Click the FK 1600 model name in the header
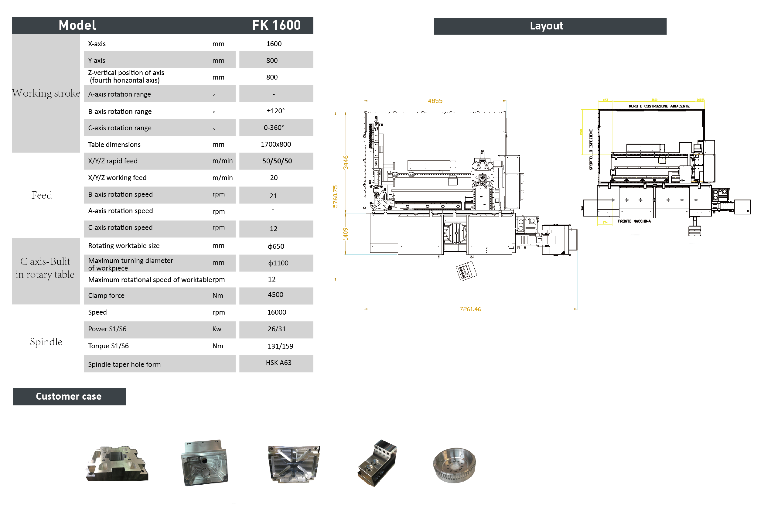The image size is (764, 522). (276, 25)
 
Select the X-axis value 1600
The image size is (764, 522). (274, 44)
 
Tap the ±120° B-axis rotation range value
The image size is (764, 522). (275, 111)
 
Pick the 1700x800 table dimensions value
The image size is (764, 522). (275, 144)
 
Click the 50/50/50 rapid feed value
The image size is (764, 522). (277, 161)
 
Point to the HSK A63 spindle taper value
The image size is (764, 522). (278, 363)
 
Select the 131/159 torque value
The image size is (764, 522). (280, 346)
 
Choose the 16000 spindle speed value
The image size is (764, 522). (276, 312)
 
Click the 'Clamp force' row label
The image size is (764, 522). (106, 295)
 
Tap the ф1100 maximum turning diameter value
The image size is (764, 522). (278, 263)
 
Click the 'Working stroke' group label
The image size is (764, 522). (46, 93)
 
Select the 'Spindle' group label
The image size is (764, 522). (46, 342)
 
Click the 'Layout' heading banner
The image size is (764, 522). (546, 26)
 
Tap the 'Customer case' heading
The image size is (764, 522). (69, 396)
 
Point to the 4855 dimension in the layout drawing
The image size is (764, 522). (435, 101)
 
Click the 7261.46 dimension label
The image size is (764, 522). (470, 309)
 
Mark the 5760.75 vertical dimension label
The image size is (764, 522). (335, 196)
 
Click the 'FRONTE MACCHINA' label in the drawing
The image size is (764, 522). (634, 221)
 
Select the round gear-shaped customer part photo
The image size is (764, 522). (454, 465)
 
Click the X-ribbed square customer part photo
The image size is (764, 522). (294, 464)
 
